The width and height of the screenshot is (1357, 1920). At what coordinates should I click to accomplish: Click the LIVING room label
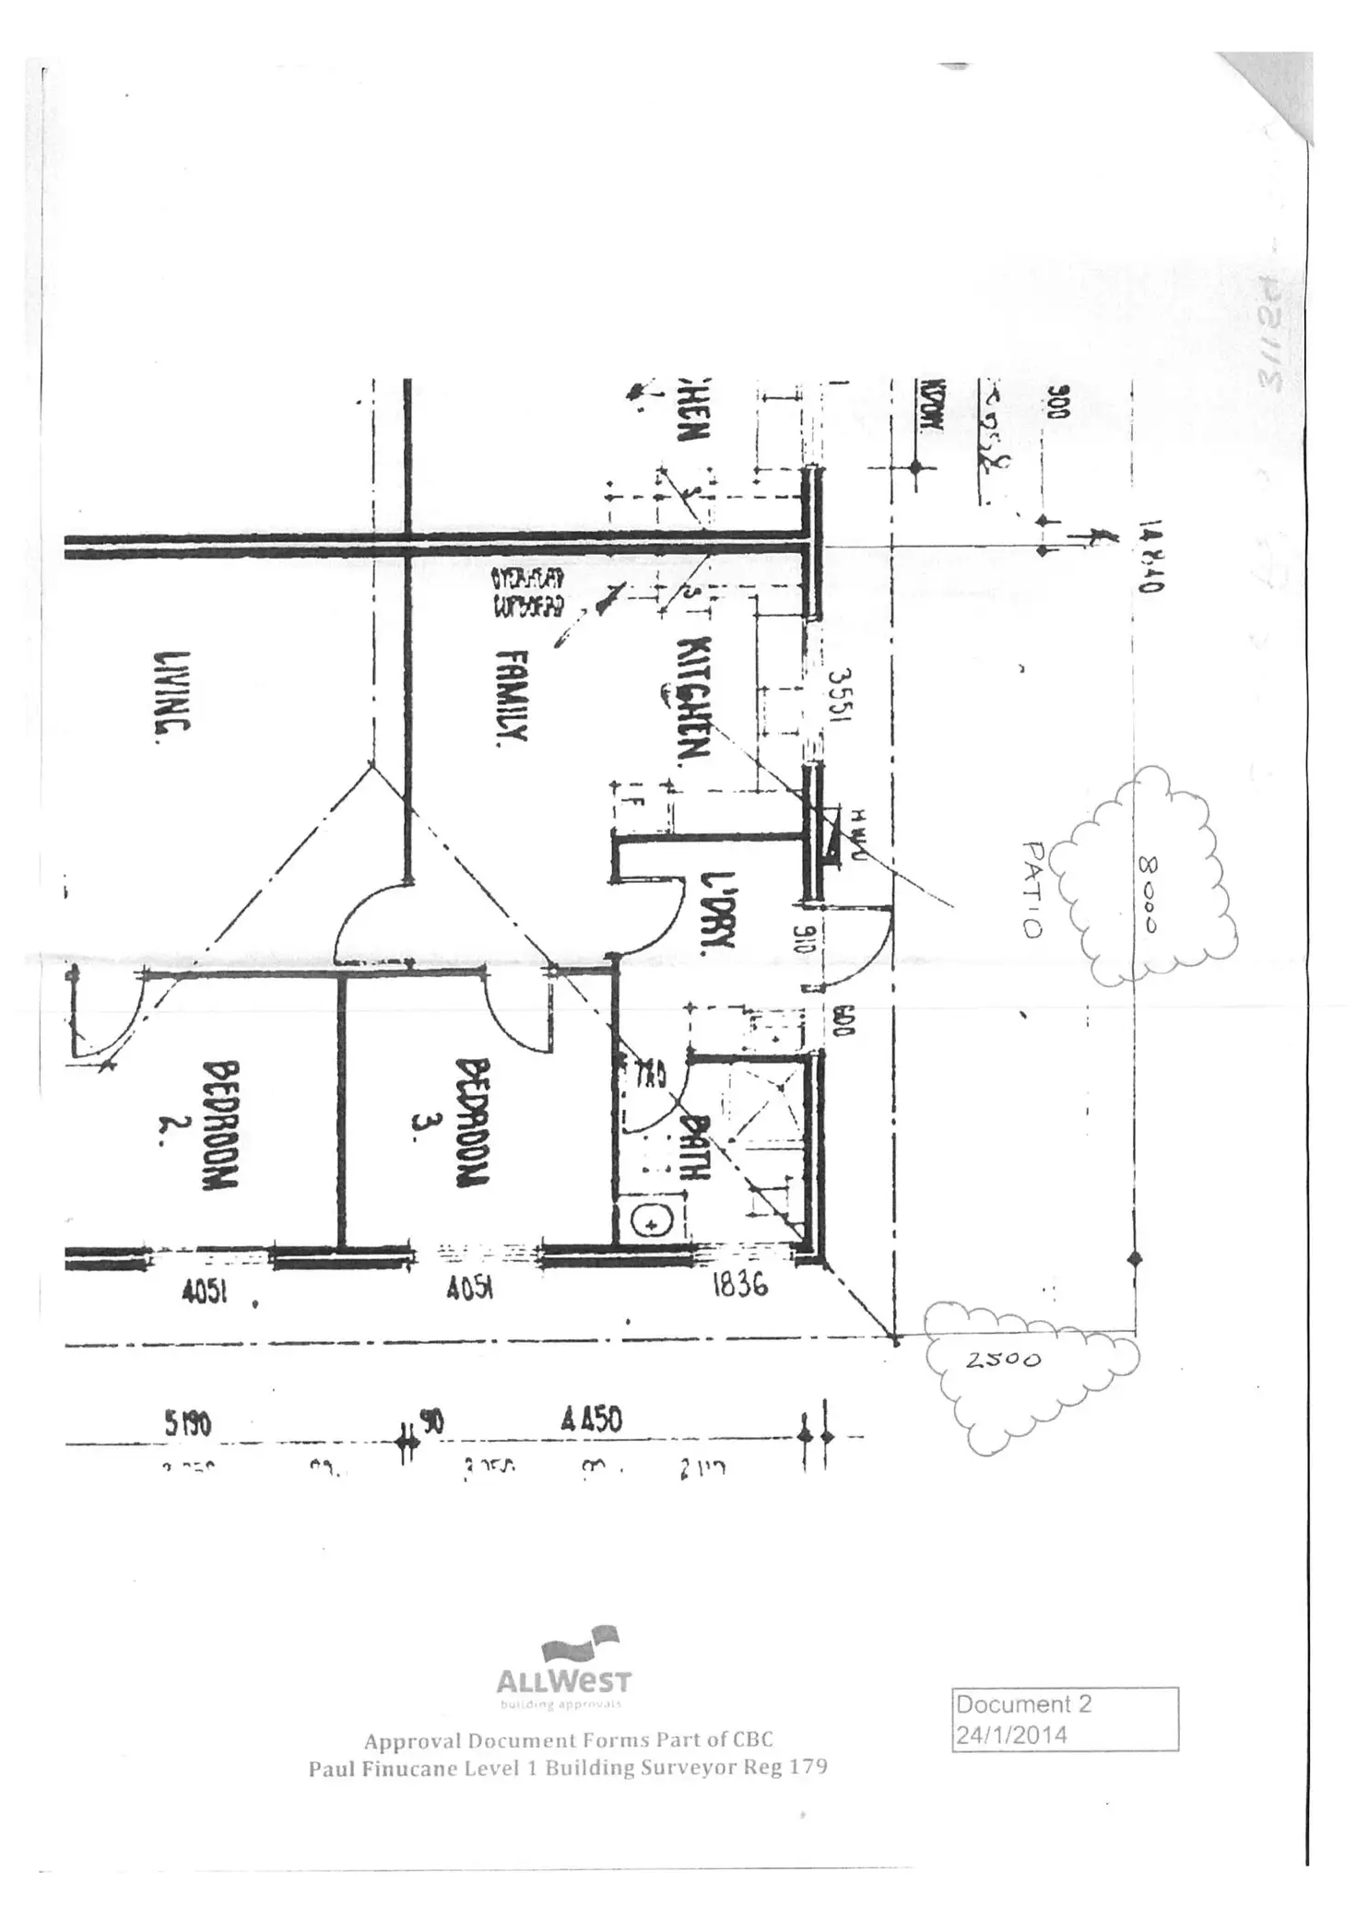tap(172, 691)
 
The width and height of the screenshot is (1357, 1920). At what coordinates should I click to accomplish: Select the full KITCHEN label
tap(693, 701)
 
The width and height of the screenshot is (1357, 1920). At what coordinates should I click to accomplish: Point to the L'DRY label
tap(716, 913)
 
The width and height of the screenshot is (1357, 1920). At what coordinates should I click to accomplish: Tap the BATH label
tap(699, 1146)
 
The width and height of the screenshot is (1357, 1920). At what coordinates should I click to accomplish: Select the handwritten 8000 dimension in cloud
tap(1150, 894)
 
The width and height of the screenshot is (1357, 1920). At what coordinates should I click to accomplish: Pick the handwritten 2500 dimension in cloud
tap(1003, 1359)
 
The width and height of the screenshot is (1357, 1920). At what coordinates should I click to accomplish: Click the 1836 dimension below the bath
tap(739, 1285)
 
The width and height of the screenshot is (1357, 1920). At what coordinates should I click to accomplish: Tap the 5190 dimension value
tap(188, 1424)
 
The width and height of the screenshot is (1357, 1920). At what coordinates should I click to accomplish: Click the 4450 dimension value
tap(591, 1419)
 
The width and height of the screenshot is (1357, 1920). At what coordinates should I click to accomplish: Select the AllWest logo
tap(564, 1672)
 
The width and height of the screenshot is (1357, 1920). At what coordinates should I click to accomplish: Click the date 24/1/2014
tap(1011, 1735)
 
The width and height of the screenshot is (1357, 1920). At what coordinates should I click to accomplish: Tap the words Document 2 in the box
tap(1023, 1704)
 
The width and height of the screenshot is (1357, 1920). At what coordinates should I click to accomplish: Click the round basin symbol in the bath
tap(652, 1224)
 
